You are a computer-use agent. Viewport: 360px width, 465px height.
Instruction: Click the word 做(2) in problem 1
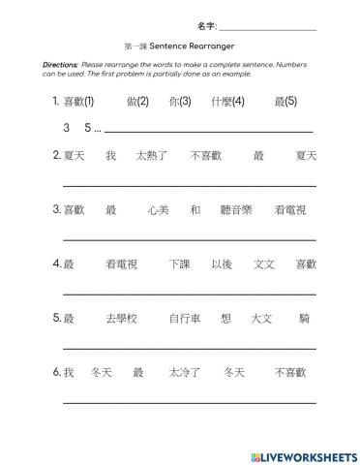pyautogui.click(x=137, y=101)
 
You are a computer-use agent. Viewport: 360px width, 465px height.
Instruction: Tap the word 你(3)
pyautogui.click(x=179, y=101)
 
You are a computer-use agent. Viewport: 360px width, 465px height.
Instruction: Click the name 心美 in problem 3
pyautogui.click(x=158, y=209)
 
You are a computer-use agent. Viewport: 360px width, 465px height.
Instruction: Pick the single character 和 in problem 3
pyautogui.click(x=195, y=209)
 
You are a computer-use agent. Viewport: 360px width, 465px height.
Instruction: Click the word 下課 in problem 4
pyautogui.click(x=179, y=263)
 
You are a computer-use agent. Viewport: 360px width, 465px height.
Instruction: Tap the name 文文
pyautogui.click(x=263, y=263)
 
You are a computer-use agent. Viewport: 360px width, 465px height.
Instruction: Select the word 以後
pyautogui.click(x=221, y=263)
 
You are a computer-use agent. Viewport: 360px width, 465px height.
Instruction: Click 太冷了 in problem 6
pyautogui.click(x=184, y=372)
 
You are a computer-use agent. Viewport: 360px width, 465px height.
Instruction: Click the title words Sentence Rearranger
pyautogui.click(x=193, y=46)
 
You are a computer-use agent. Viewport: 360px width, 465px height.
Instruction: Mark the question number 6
pyautogui.click(x=57, y=372)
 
